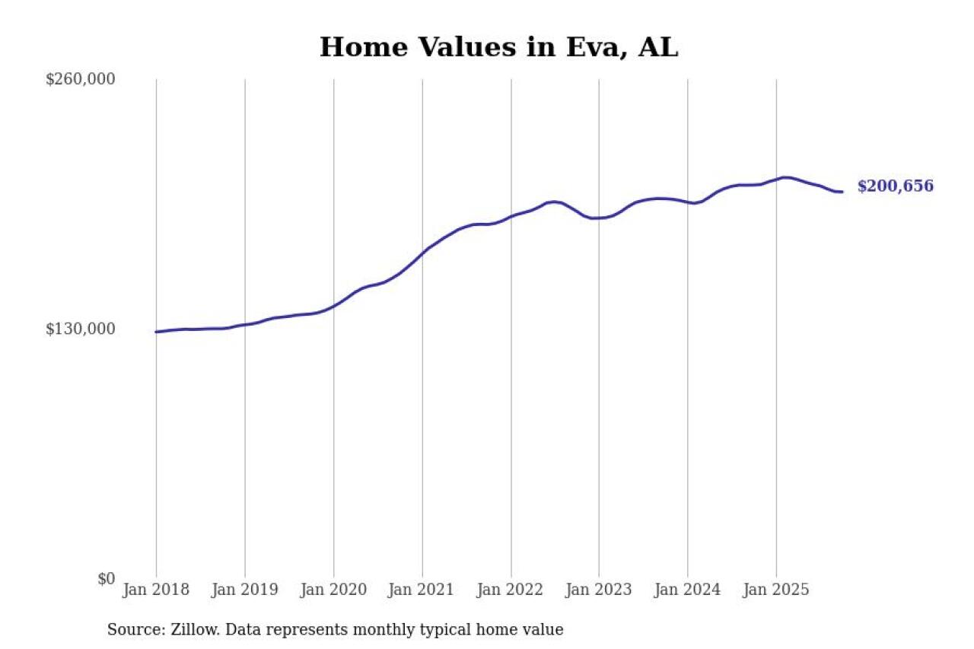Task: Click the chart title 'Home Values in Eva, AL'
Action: (498, 47)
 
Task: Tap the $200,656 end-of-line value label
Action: (895, 186)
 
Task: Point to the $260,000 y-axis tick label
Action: (81, 79)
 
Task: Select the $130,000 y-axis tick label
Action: (81, 329)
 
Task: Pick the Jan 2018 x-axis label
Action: (156, 590)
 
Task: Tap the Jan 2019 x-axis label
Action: (244, 590)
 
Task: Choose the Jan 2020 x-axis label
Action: (333, 590)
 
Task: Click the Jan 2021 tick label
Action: (422, 590)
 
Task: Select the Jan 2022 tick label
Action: (511, 590)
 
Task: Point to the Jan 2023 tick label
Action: (599, 590)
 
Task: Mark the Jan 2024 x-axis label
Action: (687, 590)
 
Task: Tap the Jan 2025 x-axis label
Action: (776, 590)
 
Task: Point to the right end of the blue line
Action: (842, 192)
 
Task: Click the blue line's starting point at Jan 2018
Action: (156, 332)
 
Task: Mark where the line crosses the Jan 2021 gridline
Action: (422, 252)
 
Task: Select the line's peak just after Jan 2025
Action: (785, 177)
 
